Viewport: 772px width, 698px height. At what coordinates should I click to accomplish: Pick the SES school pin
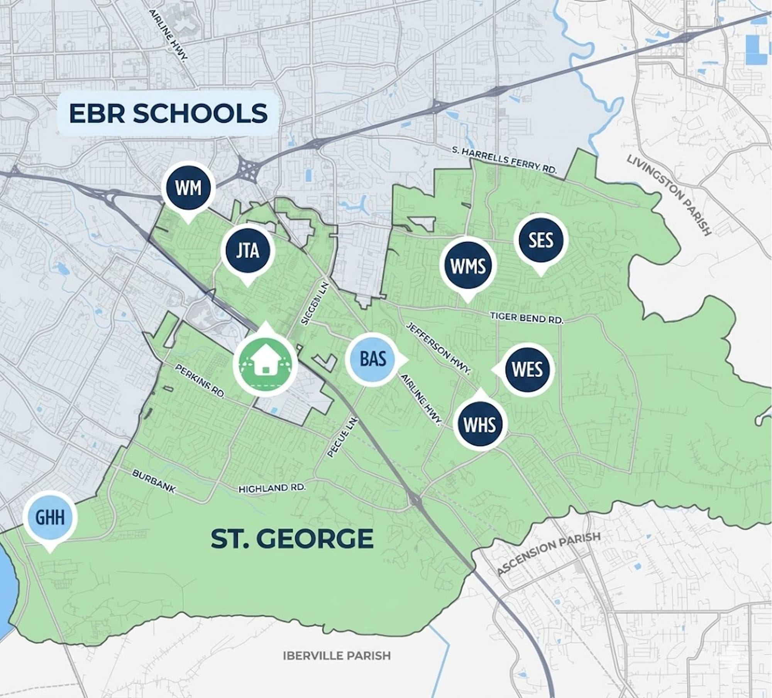pyautogui.click(x=541, y=241)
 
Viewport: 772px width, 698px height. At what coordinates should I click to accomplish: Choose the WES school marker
pyautogui.click(x=527, y=369)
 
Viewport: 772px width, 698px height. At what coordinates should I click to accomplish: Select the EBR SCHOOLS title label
pyautogui.click(x=168, y=113)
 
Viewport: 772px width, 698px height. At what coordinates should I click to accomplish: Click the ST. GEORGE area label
pyautogui.click(x=292, y=539)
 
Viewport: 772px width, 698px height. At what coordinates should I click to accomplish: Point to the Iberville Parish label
pyautogui.click(x=337, y=656)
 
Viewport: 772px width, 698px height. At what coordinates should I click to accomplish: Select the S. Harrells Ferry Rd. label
pyautogui.click(x=504, y=159)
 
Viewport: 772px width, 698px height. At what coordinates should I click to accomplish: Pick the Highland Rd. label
pyautogui.click(x=272, y=488)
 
